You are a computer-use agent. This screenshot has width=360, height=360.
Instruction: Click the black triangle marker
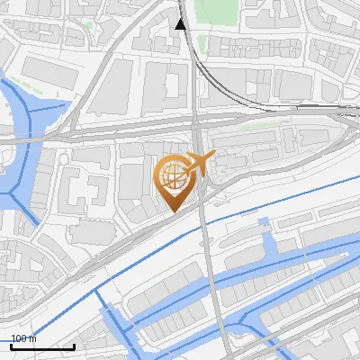180,23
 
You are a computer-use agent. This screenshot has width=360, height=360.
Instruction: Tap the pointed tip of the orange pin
172,211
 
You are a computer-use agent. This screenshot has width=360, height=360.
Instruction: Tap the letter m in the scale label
33,339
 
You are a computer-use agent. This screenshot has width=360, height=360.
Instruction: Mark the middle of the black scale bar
42,346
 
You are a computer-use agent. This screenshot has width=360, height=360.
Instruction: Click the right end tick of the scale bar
74,345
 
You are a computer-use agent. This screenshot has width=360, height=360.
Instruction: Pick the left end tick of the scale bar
11,345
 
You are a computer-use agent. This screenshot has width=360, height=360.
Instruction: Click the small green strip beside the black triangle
202,43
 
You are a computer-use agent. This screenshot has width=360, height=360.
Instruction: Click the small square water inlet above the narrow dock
263,221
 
